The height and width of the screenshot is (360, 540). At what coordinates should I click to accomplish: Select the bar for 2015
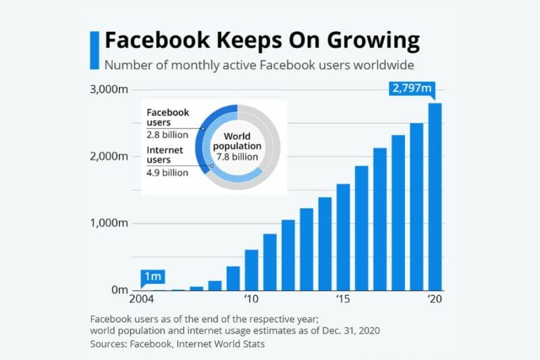point(343,237)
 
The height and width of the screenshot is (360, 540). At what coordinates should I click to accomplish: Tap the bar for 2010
point(251,269)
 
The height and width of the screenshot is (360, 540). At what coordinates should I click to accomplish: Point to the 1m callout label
point(153,276)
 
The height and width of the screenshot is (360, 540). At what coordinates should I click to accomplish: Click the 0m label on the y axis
point(118,290)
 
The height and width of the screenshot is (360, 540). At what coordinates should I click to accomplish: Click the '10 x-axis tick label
point(251,299)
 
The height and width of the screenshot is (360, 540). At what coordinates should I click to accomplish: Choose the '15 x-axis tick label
point(343,299)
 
